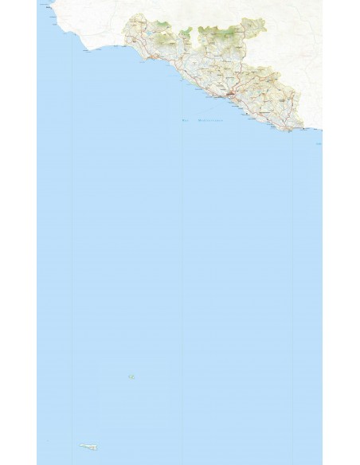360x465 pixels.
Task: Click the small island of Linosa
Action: (128, 377)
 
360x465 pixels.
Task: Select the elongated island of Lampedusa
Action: (88, 446)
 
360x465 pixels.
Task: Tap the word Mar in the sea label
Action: (185, 120)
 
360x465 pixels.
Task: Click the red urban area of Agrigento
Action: (231, 96)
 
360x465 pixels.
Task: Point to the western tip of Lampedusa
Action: (80, 446)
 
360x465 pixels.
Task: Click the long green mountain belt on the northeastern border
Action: (215, 33)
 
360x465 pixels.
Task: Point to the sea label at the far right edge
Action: (319, 144)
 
